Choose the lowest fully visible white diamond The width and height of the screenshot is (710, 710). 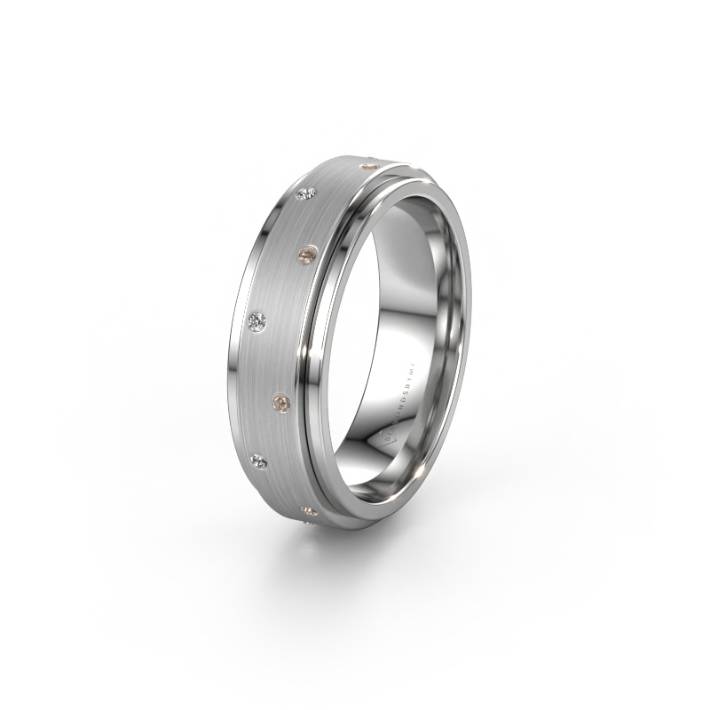tap(260, 459)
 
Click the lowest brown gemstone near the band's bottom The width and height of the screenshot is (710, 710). tap(307, 510)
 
